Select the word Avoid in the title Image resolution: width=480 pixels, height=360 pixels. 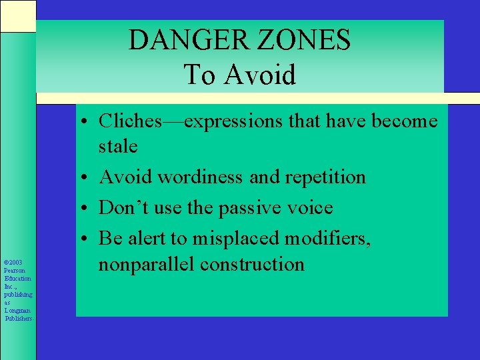click(x=260, y=75)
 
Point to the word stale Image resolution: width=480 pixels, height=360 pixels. click(x=118, y=146)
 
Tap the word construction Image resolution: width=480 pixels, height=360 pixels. click(x=253, y=264)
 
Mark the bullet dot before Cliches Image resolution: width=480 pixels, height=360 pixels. click(x=87, y=122)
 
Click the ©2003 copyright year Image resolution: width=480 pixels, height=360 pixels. click(x=13, y=262)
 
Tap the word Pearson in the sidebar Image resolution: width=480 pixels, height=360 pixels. click(x=15, y=270)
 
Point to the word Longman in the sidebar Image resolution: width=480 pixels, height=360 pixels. click(x=17, y=310)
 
